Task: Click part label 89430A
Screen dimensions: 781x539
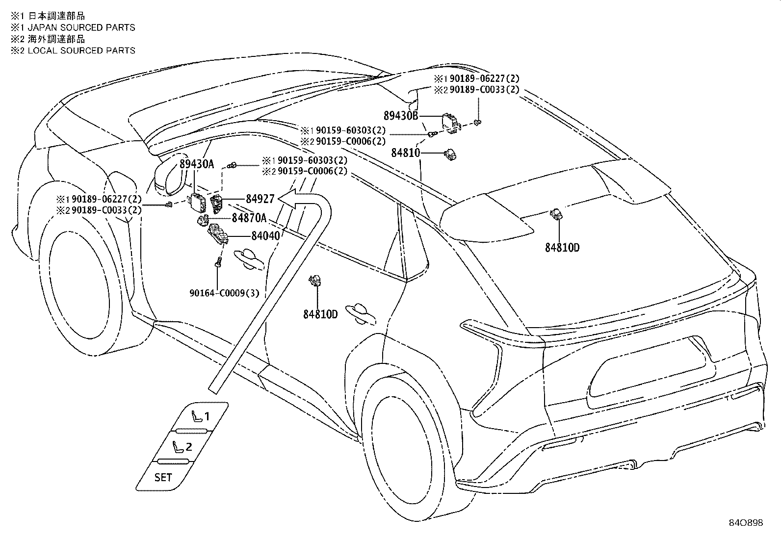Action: [197, 164]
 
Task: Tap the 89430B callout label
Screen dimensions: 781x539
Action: [401, 115]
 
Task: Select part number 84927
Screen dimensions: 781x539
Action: [260, 199]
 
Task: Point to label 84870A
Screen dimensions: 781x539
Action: [249, 218]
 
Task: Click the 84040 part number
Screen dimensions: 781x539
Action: [266, 236]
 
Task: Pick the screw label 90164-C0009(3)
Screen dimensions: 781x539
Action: [225, 293]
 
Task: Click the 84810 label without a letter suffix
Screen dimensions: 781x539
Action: [406, 153]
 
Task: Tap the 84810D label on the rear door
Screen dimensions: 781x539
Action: [320, 314]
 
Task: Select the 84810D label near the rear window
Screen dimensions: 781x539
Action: [562, 248]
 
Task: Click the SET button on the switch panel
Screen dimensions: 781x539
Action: [163, 477]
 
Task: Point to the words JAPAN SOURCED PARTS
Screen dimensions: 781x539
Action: [81, 27]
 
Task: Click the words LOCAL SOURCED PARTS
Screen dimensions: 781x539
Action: [81, 51]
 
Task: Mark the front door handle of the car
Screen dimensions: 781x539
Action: [249, 258]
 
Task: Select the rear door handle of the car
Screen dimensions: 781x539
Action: [361, 314]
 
